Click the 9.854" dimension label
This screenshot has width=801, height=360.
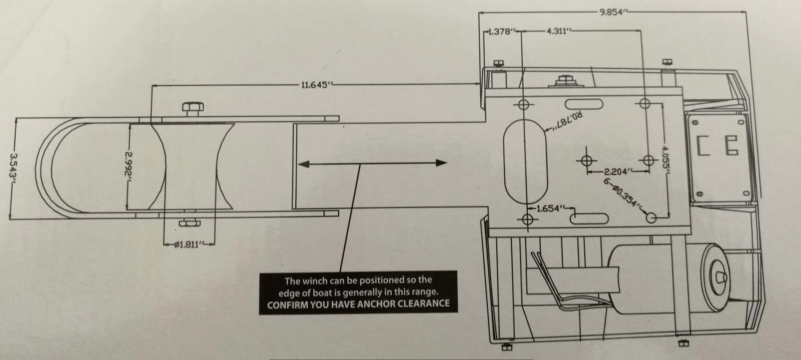pyautogui.click(x=612, y=12)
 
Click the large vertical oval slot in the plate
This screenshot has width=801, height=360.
pyautogui.click(x=525, y=161)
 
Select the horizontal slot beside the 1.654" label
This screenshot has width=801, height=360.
pyautogui.click(x=589, y=219)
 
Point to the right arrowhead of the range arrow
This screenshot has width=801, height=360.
pyautogui.click(x=442, y=163)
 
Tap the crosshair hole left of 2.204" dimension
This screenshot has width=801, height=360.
pyautogui.click(x=587, y=160)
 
